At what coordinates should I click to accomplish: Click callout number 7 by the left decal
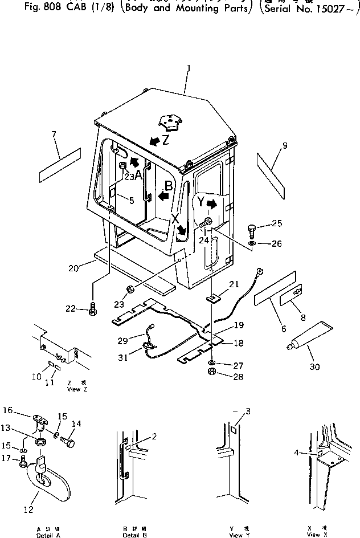tap(54, 134)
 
